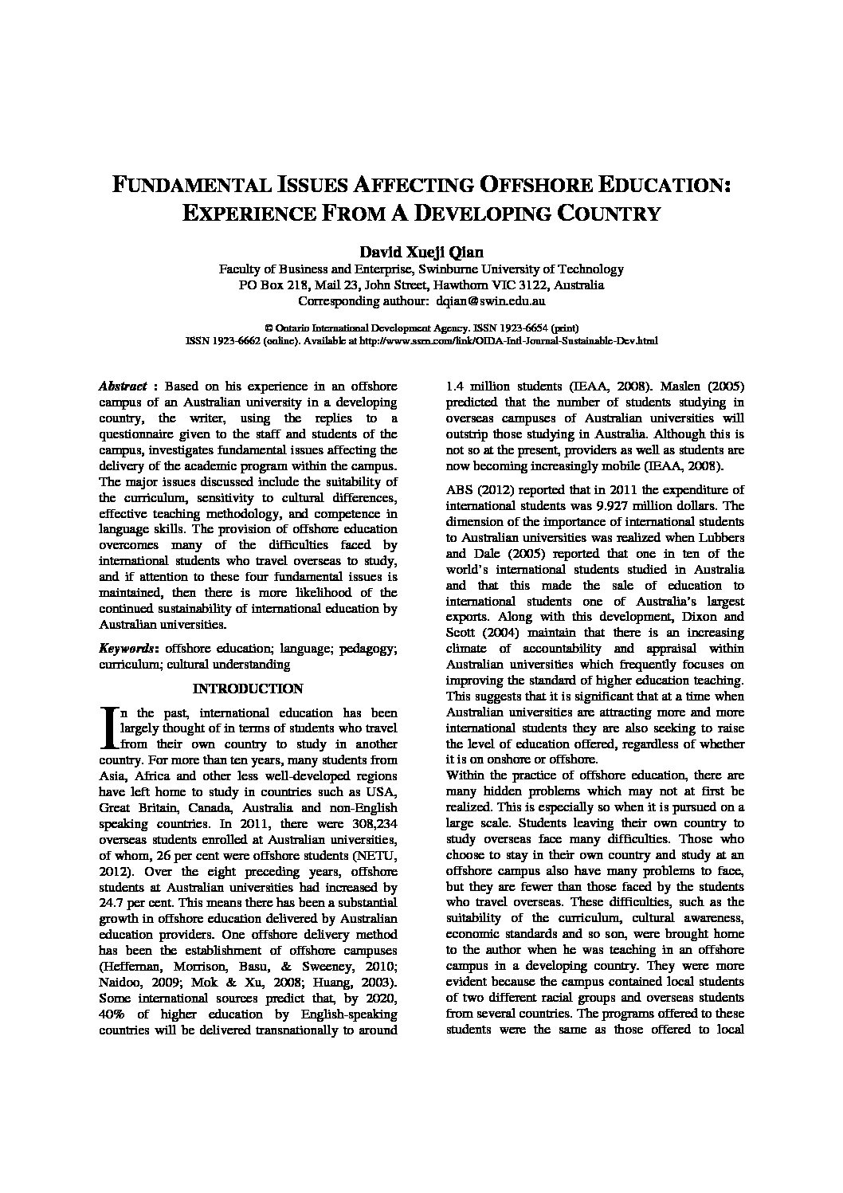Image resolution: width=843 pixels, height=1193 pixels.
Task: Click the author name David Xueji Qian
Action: [x=421, y=252]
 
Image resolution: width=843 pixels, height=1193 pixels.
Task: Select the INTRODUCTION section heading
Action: [x=248, y=689]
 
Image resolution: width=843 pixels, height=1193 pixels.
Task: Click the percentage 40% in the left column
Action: [x=112, y=1014]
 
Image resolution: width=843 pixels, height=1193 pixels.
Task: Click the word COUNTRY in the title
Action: [x=608, y=214]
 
